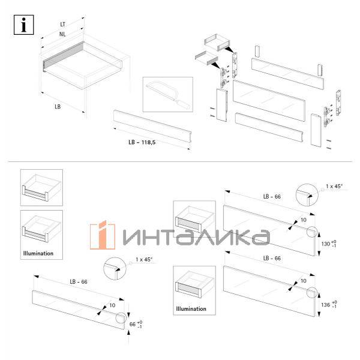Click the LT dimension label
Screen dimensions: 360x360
tap(63, 25)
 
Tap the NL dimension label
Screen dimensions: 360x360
tap(63, 34)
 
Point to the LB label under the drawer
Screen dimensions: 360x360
tap(57, 106)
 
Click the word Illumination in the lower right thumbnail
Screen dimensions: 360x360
tap(191, 309)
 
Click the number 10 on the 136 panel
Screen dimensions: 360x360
tap(302, 280)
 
